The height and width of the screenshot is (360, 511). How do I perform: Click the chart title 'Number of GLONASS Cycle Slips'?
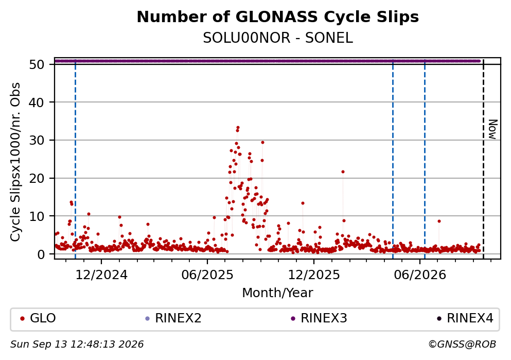click(x=278, y=17)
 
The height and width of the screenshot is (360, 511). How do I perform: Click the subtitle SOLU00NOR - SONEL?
click(x=278, y=38)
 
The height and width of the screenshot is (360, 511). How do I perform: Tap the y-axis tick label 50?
click(x=37, y=64)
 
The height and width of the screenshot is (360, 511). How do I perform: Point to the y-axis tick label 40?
click(x=37, y=102)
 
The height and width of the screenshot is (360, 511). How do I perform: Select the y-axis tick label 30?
click(x=37, y=140)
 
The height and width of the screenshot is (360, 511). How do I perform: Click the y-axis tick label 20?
click(x=37, y=178)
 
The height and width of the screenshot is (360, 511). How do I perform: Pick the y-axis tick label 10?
click(x=37, y=216)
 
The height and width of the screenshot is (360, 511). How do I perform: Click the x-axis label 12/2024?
click(x=101, y=275)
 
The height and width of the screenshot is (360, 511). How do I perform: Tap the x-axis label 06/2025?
click(x=207, y=275)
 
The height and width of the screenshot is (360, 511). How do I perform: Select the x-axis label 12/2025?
click(x=314, y=275)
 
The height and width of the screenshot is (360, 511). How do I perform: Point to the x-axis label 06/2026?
click(x=420, y=275)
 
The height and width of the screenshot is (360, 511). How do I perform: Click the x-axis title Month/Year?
click(x=277, y=293)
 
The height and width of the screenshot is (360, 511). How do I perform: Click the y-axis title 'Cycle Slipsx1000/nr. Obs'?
click(x=15, y=162)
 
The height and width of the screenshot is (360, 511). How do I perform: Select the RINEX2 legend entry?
click(x=173, y=318)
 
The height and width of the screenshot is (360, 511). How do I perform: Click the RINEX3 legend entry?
click(x=319, y=318)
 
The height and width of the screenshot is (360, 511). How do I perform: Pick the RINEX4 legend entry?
click(x=465, y=318)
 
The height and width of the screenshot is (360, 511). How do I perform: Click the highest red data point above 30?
click(x=238, y=128)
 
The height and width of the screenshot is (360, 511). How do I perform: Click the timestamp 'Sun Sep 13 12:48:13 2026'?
click(x=77, y=345)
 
